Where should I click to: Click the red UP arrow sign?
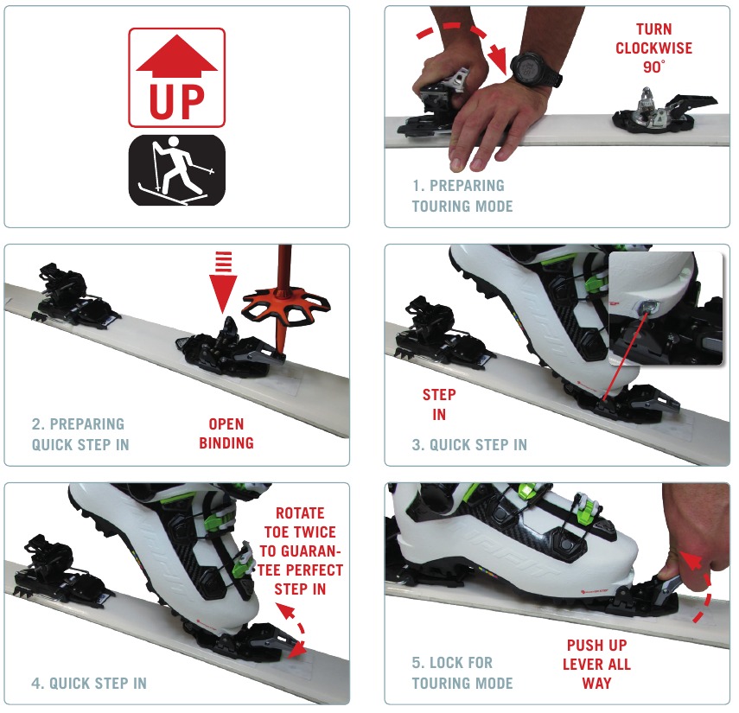tap(176, 78)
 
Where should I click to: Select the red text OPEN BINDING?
tap(226, 434)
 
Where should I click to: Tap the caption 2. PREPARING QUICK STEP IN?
tap(78, 434)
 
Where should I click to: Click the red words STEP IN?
tap(439, 404)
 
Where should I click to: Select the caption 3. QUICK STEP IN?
tap(469, 445)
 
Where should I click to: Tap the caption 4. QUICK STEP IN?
tap(89, 683)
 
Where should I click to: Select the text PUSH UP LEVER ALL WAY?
tap(596, 664)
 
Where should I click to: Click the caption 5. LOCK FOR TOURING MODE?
tap(463, 673)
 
